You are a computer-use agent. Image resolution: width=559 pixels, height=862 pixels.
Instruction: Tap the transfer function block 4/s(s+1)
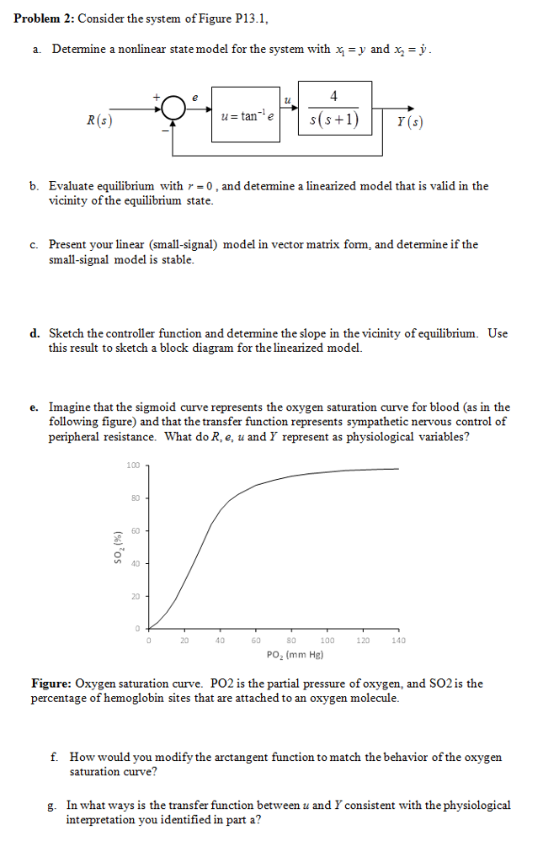334,110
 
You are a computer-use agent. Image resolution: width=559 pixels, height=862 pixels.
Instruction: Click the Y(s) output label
410,121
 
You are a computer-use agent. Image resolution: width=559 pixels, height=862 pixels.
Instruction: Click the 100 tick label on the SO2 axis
133,465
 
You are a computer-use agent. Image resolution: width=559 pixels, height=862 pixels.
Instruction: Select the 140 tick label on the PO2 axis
398,641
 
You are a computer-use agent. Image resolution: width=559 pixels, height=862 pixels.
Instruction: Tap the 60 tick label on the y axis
136,530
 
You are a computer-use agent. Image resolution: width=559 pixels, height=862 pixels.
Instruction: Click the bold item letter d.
35,333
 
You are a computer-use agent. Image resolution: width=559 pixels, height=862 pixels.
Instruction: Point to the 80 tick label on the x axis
291,641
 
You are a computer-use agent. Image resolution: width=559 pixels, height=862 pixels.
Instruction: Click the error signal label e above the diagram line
195,98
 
